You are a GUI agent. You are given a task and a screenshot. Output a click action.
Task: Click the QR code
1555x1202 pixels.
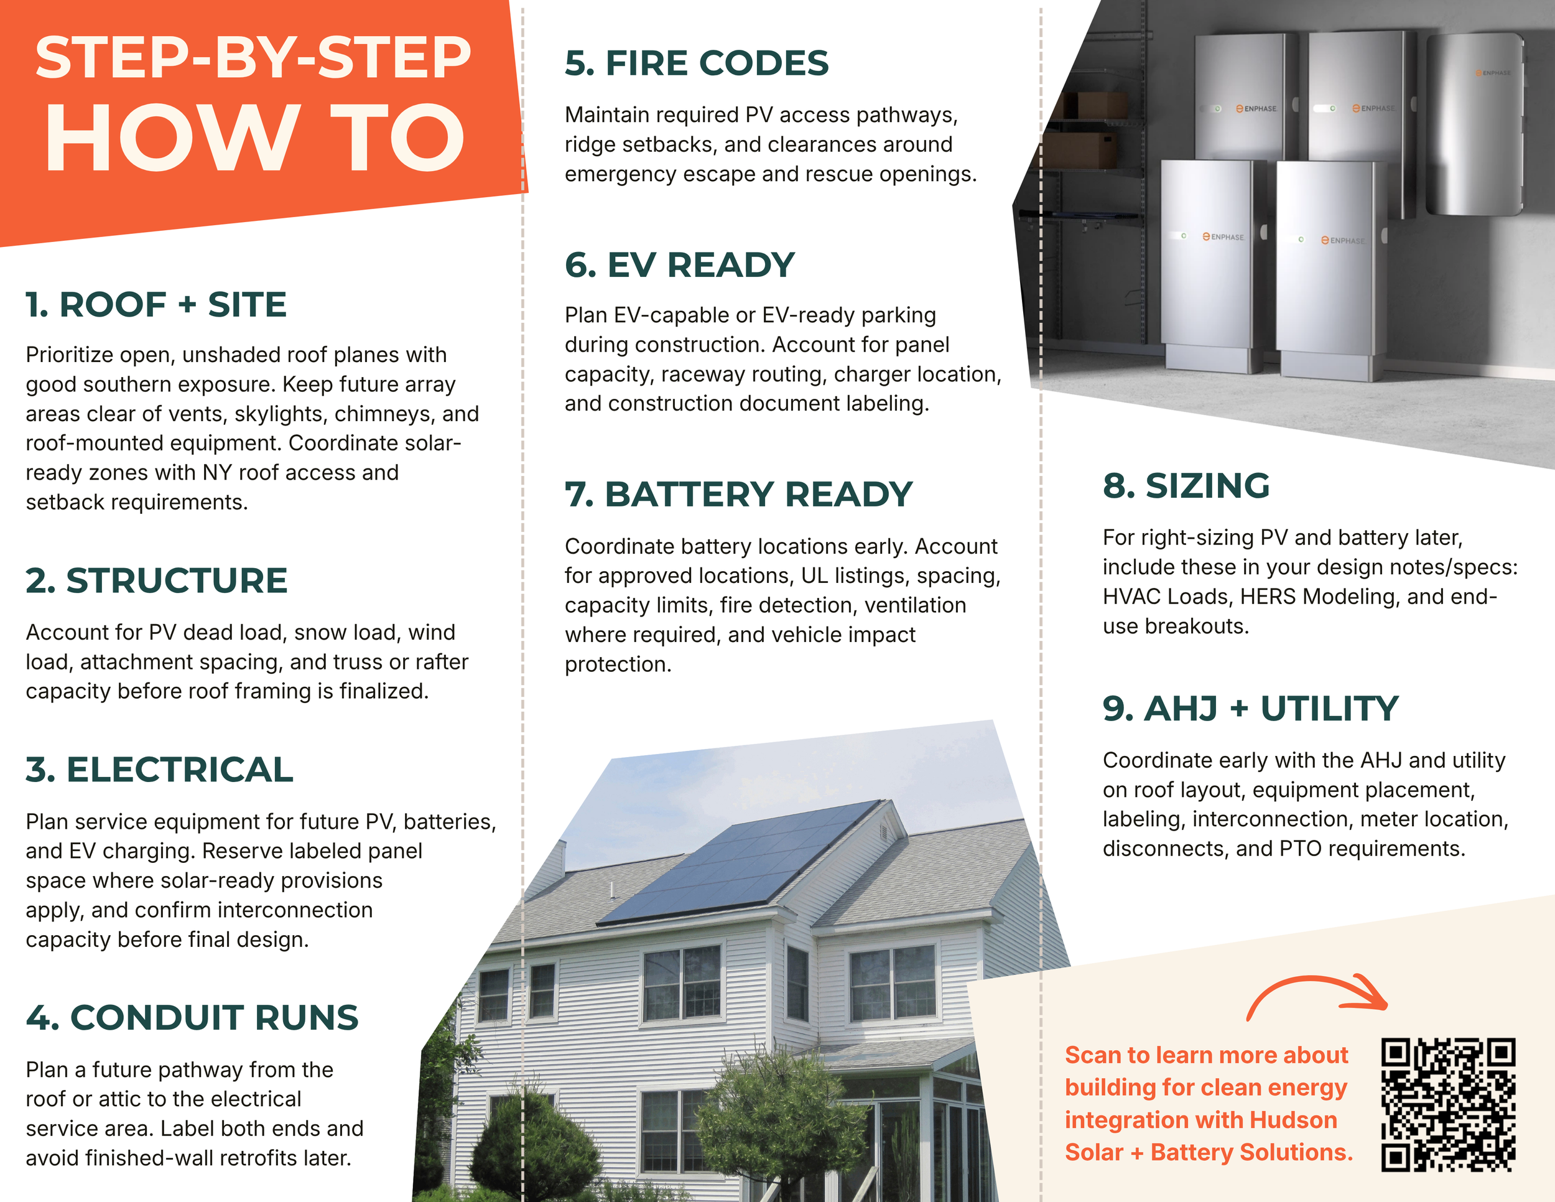(x=1448, y=1104)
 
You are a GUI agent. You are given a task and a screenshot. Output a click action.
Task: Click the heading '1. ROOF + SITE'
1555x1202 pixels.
(x=156, y=305)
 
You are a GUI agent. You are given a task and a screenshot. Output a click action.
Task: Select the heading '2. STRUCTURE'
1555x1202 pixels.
(x=157, y=580)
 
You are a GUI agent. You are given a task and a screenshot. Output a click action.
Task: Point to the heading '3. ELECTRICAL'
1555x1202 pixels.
(x=159, y=770)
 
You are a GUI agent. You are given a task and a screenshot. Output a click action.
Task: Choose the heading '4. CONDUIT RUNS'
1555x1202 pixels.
(x=192, y=1018)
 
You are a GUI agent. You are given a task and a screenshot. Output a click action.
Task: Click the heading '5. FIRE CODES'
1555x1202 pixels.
(x=697, y=63)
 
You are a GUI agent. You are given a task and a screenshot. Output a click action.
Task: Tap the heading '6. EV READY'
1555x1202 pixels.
(x=680, y=265)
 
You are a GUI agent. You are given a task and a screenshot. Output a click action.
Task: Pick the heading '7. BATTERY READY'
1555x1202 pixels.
(x=738, y=494)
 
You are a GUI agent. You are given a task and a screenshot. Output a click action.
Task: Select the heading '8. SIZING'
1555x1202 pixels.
(x=1186, y=486)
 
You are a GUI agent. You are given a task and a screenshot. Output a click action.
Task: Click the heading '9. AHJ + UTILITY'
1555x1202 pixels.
(x=1251, y=709)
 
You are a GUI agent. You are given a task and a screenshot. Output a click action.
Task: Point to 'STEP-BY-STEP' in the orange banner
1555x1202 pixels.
(x=254, y=58)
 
